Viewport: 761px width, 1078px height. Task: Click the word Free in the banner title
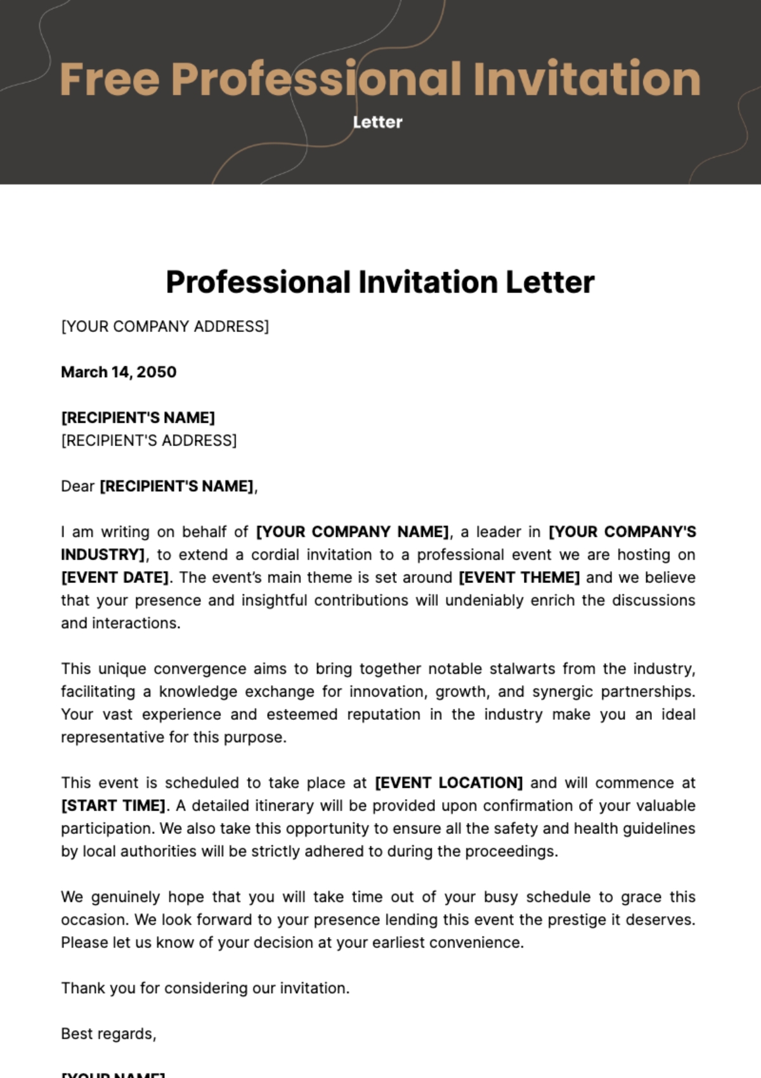coord(109,79)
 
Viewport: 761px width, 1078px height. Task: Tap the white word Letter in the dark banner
coord(378,122)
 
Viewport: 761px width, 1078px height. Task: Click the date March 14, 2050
coord(119,372)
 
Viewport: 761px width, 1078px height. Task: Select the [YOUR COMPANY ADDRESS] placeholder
coord(165,326)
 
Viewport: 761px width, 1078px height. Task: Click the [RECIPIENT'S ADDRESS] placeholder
coord(149,440)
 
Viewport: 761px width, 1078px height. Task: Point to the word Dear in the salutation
coord(77,486)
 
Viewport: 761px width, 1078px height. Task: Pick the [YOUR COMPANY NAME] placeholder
coord(352,532)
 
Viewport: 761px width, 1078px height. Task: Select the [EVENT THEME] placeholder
coord(519,577)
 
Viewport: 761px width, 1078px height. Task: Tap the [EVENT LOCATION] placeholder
coord(449,783)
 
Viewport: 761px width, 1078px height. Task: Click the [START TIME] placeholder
coord(114,805)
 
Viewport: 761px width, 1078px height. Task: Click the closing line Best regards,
coord(108,1034)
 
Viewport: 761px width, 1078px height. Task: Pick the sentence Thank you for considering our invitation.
coord(205,988)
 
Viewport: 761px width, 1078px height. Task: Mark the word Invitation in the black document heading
coord(428,282)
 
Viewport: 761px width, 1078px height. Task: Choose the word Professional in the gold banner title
coord(316,79)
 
